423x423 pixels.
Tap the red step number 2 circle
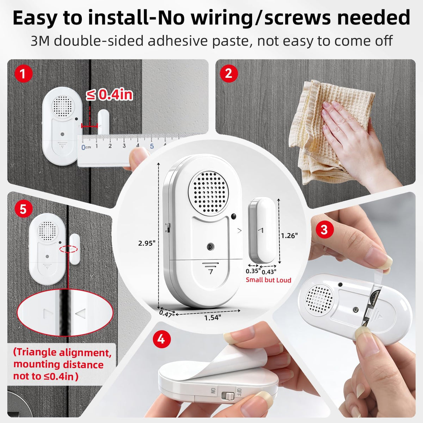coord(228,73)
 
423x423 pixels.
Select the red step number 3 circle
coord(324,230)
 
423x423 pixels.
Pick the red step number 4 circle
coord(161,339)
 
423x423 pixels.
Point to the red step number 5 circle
coord(24,209)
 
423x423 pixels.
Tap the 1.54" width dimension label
coord(213,317)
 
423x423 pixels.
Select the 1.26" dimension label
coord(289,235)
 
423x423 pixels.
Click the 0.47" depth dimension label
coord(167,313)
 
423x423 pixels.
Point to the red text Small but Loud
coord(268,280)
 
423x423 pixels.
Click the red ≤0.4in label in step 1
coord(109,94)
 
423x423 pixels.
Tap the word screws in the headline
coord(297,18)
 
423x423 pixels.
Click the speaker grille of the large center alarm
coord(208,192)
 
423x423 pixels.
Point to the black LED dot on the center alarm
coord(234,216)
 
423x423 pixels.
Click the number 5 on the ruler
coord(152,146)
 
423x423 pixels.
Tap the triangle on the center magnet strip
coord(260,231)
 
